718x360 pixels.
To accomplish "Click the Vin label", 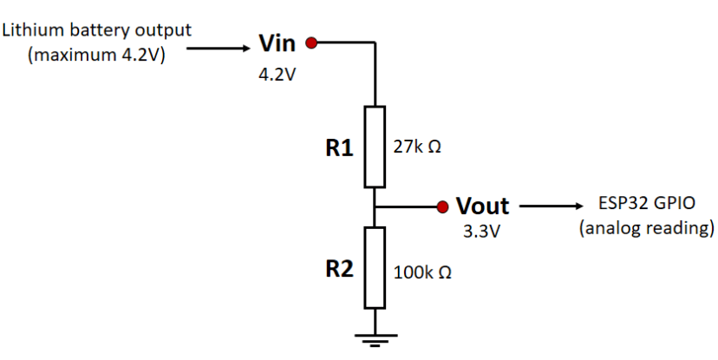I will (277, 43).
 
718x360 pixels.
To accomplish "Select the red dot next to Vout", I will (442, 206).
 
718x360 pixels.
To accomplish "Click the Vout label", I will (482, 206).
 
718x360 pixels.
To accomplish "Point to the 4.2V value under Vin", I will (277, 75).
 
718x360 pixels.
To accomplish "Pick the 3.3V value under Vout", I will (481, 233).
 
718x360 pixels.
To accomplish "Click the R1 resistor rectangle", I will (375, 147).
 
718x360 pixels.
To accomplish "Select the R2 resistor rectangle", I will (375, 267).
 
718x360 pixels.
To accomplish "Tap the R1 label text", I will (339, 148).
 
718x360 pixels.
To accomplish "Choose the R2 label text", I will (339, 268).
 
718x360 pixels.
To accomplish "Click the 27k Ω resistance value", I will (417, 147).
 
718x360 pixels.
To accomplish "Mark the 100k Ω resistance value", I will (421, 272).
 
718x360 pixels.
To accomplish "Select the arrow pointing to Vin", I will (218, 49).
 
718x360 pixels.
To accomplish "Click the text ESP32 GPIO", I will (646, 205).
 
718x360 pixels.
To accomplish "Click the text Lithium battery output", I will (96, 30).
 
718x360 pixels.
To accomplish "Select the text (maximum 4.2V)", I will (96, 55).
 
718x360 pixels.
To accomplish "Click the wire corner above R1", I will (375, 42).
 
